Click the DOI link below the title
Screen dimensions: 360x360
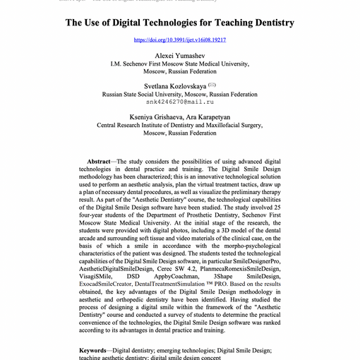[179, 40]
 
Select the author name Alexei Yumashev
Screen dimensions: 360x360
[179, 55]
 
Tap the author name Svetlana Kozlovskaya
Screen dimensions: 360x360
[172, 85]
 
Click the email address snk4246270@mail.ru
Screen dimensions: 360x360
[180, 102]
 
